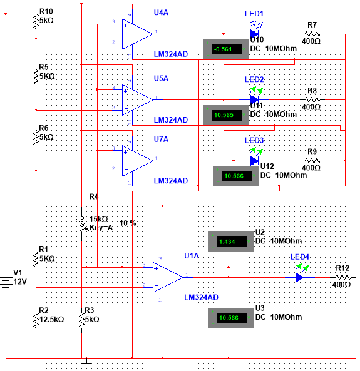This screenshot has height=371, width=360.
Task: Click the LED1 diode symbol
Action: click(254, 34)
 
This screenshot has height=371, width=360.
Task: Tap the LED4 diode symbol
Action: click(301, 276)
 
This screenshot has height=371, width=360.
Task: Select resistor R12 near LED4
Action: click(342, 276)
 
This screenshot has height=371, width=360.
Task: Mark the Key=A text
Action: click(101, 228)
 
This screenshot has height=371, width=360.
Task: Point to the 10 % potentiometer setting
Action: click(128, 223)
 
